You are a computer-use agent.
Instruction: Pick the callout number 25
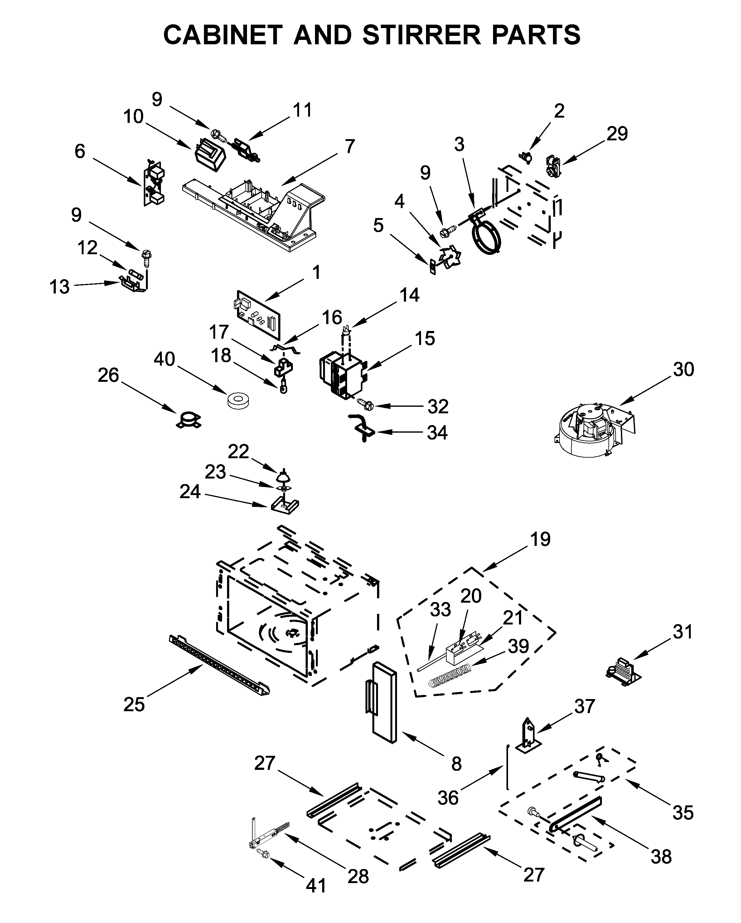134,704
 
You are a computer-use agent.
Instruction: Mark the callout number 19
540,539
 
